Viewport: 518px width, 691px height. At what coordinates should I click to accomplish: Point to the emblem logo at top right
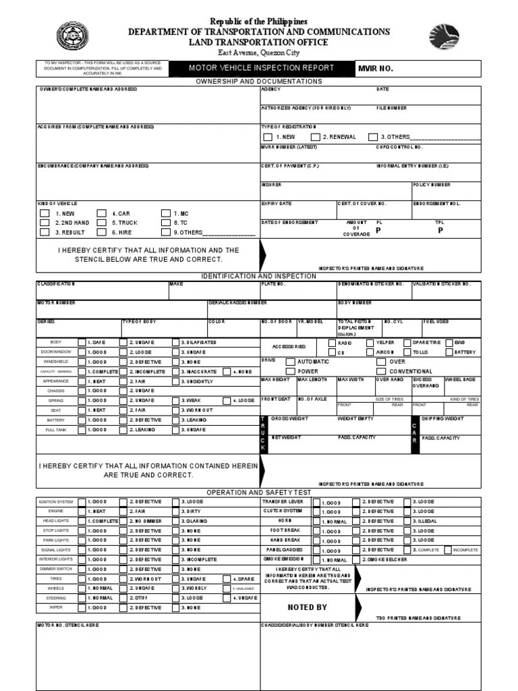pos(444,37)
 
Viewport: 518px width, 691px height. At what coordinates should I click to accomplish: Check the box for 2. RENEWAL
pos(315,137)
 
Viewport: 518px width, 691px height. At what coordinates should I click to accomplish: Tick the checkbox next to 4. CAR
pos(101,213)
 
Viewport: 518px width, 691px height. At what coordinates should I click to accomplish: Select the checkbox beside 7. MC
pos(166,213)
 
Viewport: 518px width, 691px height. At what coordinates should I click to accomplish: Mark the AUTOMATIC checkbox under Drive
pos(290,362)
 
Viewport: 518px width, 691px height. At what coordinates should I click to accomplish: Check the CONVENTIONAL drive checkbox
pos(381,371)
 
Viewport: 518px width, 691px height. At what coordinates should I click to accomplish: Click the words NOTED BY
pos(307,607)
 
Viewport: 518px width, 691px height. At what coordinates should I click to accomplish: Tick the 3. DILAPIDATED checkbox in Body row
pos(175,343)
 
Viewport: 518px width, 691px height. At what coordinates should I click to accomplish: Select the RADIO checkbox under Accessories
pos(331,343)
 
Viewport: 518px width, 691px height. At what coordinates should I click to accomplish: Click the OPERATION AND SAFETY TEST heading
pos(259,493)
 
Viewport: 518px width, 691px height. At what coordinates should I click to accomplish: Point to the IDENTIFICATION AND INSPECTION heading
pos(259,276)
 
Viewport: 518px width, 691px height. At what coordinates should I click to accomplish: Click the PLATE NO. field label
pos(274,284)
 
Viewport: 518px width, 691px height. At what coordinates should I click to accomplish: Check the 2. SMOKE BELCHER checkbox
pos(356,560)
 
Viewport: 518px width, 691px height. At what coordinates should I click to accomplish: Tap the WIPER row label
pos(56,607)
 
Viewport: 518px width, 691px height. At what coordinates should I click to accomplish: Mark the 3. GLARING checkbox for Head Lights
pos(175,522)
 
